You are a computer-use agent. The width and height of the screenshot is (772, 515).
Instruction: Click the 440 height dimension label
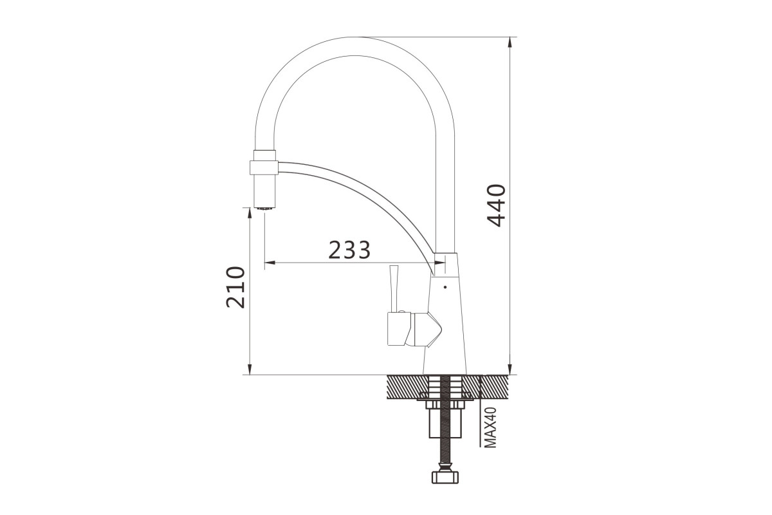tap(496, 205)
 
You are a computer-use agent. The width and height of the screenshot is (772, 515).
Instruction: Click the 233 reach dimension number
tap(349, 250)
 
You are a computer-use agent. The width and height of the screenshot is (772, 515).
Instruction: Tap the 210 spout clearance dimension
tap(235, 287)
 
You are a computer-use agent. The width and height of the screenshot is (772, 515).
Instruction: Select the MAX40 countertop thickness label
tap(490, 427)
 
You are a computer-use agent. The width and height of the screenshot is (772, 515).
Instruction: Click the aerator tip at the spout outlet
tap(264, 208)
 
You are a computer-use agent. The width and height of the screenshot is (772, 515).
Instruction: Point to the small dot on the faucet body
tap(445, 286)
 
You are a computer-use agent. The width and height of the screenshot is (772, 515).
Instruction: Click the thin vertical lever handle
tap(393, 288)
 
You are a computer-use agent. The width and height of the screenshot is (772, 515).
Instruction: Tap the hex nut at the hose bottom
tap(445, 477)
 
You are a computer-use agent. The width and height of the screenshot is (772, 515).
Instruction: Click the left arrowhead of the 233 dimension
tap(270, 263)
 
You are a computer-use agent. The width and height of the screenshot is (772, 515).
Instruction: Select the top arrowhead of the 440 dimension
tap(510, 42)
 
